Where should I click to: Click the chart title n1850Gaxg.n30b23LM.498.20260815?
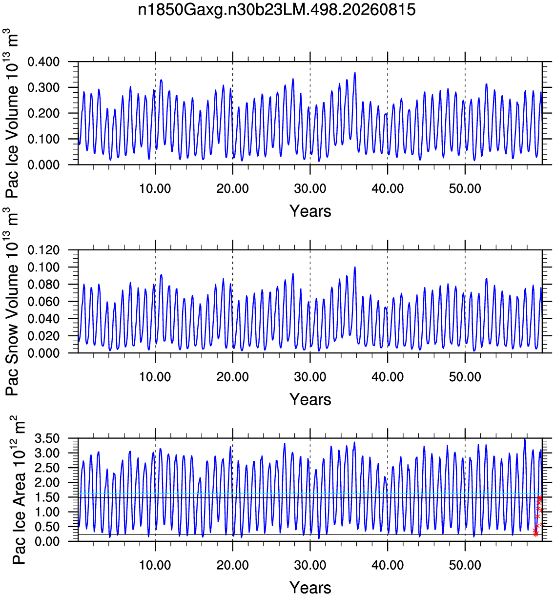tap(276, 10)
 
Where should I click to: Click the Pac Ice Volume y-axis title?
tap(11, 113)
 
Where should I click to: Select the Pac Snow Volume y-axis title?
tap(11, 302)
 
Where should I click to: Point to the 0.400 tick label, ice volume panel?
tap(43, 62)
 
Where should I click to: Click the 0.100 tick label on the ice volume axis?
tap(43, 139)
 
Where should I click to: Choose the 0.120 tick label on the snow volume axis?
tap(43, 250)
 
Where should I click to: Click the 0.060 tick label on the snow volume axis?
tap(43, 302)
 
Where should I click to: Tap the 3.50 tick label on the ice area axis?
tap(47, 439)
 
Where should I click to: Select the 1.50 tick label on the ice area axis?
tap(47, 497)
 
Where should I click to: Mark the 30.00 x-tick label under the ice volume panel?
tap(310, 189)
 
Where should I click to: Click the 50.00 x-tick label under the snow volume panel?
tap(465, 377)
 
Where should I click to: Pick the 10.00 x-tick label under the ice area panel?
tap(155, 565)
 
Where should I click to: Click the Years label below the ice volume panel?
tap(310, 211)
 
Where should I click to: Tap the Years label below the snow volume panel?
tap(310, 399)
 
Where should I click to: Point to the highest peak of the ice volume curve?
tap(355, 73)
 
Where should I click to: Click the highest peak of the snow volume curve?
tap(355, 267)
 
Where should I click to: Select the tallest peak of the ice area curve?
tap(525, 439)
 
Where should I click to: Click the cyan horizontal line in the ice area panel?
tap(310, 493)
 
